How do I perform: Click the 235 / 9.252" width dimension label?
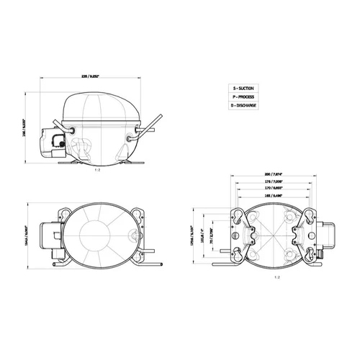(x=99, y=76)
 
